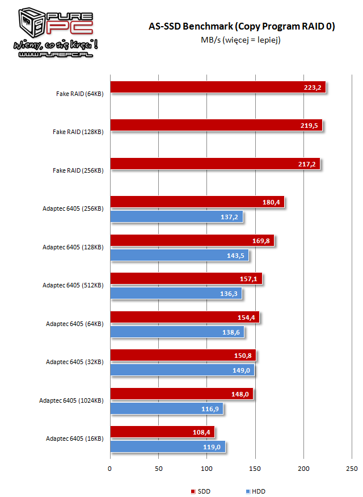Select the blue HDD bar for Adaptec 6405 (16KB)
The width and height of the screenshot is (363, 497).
[x=168, y=447]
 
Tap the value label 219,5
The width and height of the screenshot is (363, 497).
[x=311, y=126]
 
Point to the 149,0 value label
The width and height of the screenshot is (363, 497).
[x=243, y=370]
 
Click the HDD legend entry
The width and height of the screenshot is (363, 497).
[x=255, y=491]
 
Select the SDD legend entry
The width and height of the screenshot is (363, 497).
[x=201, y=491]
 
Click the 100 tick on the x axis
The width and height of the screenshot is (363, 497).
[x=207, y=469]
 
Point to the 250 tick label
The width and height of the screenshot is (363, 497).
[x=352, y=469]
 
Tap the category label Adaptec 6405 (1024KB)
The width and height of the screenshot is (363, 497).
[x=71, y=400]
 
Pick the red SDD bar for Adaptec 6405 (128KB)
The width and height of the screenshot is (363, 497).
[x=192, y=240]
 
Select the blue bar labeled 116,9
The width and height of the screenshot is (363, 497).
[x=167, y=409]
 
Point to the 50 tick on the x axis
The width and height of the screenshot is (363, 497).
[x=158, y=469]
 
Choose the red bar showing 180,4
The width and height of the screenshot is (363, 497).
[x=197, y=202]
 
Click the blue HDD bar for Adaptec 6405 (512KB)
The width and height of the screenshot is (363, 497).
[x=176, y=294]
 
